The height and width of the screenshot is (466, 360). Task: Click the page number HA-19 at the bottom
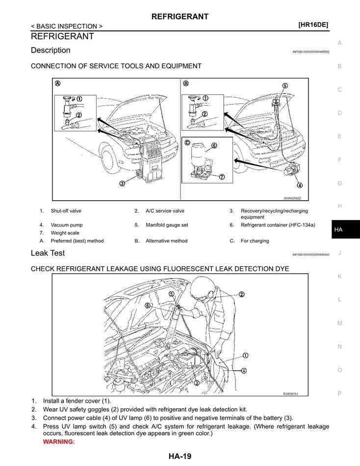[x=180, y=457]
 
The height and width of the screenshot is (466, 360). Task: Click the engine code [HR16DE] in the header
[x=313, y=25]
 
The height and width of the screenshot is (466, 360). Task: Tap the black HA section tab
[x=338, y=230]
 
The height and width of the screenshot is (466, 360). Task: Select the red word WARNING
[x=59, y=442]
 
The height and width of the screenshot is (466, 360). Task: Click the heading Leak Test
[x=48, y=254]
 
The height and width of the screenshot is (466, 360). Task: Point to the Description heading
[x=51, y=50]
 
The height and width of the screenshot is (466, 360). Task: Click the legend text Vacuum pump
[x=67, y=225]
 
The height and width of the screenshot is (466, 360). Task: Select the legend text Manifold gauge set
[x=167, y=225]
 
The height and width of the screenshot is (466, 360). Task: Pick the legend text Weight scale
[x=65, y=233]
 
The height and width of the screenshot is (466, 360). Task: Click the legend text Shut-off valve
[x=66, y=211]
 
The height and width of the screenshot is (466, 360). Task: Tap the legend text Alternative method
[x=166, y=241]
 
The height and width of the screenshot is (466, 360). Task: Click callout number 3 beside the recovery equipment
[x=122, y=183]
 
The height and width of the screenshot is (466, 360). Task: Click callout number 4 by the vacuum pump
[x=300, y=185]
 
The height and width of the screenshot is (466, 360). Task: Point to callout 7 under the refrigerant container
[x=222, y=177]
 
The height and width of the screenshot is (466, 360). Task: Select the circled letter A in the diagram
[x=58, y=83]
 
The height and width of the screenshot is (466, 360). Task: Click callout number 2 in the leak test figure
[x=241, y=295]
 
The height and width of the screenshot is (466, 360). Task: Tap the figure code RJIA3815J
[x=290, y=393]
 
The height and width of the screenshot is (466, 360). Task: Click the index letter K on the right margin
[x=339, y=277]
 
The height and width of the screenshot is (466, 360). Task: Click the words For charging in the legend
[x=255, y=241]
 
